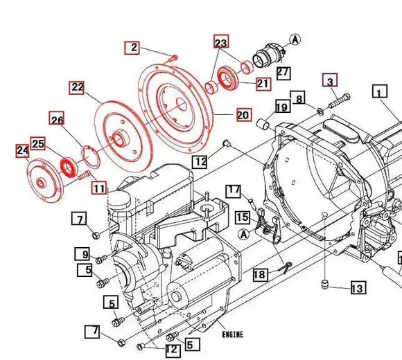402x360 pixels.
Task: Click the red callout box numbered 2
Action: (x=132, y=48)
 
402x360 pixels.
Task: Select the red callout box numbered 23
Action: (x=220, y=42)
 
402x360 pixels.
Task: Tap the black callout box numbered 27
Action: (x=283, y=71)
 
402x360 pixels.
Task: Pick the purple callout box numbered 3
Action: (x=330, y=81)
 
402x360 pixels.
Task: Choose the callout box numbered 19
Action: (x=281, y=107)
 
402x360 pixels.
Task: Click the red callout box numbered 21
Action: (x=263, y=84)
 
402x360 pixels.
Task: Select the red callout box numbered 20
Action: (x=243, y=115)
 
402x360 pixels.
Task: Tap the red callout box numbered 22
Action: (x=76, y=87)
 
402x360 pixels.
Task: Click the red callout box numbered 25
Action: (x=37, y=144)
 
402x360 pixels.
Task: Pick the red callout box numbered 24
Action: (x=22, y=150)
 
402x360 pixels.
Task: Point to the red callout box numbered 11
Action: (x=99, y=188)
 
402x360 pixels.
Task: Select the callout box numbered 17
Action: (x=234, y=190)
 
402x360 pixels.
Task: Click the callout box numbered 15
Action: (x=242, y=217)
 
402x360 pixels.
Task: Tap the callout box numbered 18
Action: (x=259, y=275)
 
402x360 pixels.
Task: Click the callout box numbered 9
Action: (x=81, y=254)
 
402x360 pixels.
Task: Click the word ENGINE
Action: (x=232, y=335)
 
